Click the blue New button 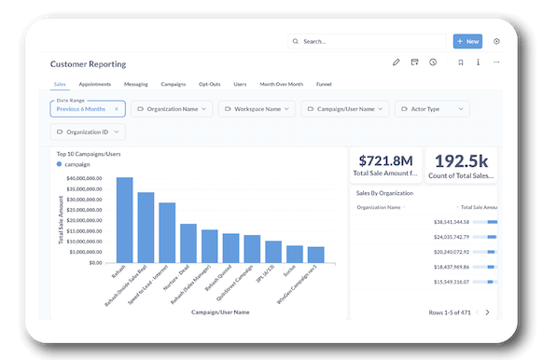(x=467, y=41)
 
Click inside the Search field (x=369, y=41)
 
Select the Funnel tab (x=324, y=84)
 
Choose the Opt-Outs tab (x=210, y=84)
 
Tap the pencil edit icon (x=396, y=62)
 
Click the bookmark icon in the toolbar (x=460, y=62)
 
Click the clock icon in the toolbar (x=433, y=62)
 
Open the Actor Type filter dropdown (x=431, y=109)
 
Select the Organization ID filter (x=87, y=132)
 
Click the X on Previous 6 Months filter (x=117, y=109)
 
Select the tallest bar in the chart (x=124, y=219)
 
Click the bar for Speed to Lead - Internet (x=167, y=232)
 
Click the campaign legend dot (x=60, y=163)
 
